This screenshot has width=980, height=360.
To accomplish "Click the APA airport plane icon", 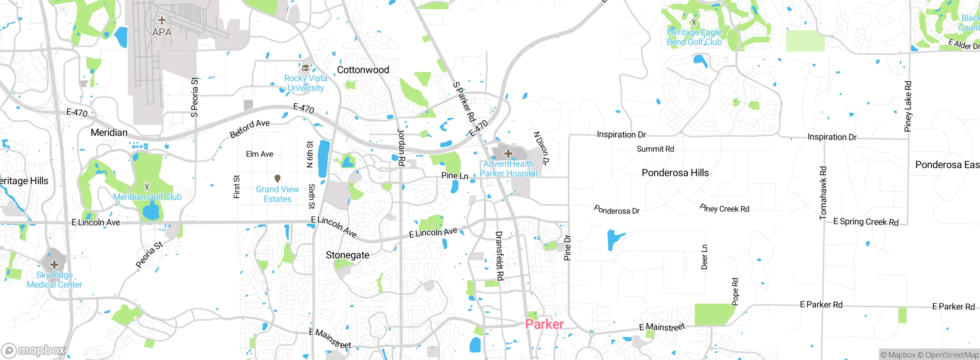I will (x=162, y=20).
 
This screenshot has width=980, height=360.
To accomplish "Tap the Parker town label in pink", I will (x=544, y=324).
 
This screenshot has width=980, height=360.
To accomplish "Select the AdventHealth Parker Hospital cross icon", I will (x=508, y=154).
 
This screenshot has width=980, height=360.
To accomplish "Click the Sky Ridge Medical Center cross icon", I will (x=54, y=264).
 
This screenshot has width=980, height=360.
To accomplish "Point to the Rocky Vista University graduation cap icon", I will (x=305, y=68).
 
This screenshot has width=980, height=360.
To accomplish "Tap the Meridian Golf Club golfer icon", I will (x=147, y=187).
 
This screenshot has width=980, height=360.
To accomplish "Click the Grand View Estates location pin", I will (x=278, y=178).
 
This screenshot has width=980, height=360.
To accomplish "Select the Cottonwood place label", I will (x=363, y=70).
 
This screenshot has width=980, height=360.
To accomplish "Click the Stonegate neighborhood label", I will (x=347, y=255).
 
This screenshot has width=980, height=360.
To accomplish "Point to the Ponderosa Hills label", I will (x=675, y=173).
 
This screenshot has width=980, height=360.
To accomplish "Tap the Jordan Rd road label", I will (x=401, y=147).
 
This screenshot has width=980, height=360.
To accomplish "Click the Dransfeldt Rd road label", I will (x=499, y=255).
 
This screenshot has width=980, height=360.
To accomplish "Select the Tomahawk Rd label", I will (x=823, y=193).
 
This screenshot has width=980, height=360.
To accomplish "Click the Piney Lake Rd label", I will (x=908, y=106).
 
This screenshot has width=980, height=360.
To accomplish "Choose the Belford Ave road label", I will (x=250, y=128).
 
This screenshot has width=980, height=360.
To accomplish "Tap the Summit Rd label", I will (x=655, y=149).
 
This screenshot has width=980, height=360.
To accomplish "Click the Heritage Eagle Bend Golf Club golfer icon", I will (x=694, y=21).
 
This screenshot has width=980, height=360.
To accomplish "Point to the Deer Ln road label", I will (x=704, y=257).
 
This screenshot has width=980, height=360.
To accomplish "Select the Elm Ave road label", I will (x=260, y=154).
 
